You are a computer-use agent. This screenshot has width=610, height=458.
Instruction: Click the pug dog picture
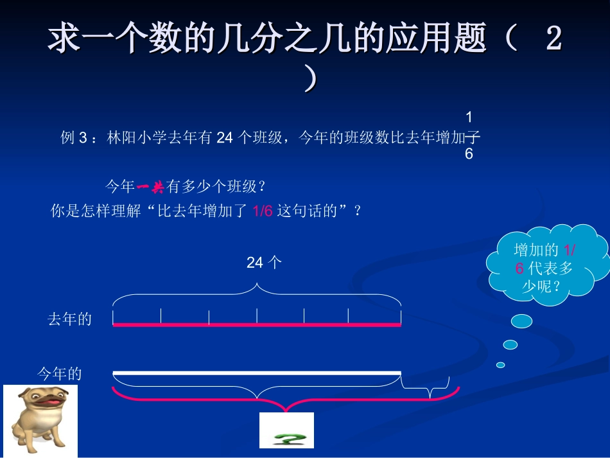click(40, 420)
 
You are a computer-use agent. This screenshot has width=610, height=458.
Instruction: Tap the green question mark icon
click(286, 430)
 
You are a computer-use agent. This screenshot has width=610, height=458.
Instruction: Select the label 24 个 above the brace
click(264, 262)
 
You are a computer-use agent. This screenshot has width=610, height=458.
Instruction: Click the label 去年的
click(69, 319)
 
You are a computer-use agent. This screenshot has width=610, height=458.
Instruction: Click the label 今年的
click(60, 374)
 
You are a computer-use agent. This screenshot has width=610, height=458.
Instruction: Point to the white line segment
click(257, 373)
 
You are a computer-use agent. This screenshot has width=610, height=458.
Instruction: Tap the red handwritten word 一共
click(150, 187)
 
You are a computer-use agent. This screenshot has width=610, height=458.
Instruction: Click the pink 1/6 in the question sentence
click(263, 211)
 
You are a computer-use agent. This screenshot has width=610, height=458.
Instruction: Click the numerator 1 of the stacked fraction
click(469, 117)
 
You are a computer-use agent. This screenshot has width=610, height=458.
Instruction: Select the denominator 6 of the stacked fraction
click(469, 154)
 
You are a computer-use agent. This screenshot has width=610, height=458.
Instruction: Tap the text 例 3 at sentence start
click(73, 137)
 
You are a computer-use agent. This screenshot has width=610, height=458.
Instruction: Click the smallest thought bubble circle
click(501, 365)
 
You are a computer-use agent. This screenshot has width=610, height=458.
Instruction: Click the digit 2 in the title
click(553, 40)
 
